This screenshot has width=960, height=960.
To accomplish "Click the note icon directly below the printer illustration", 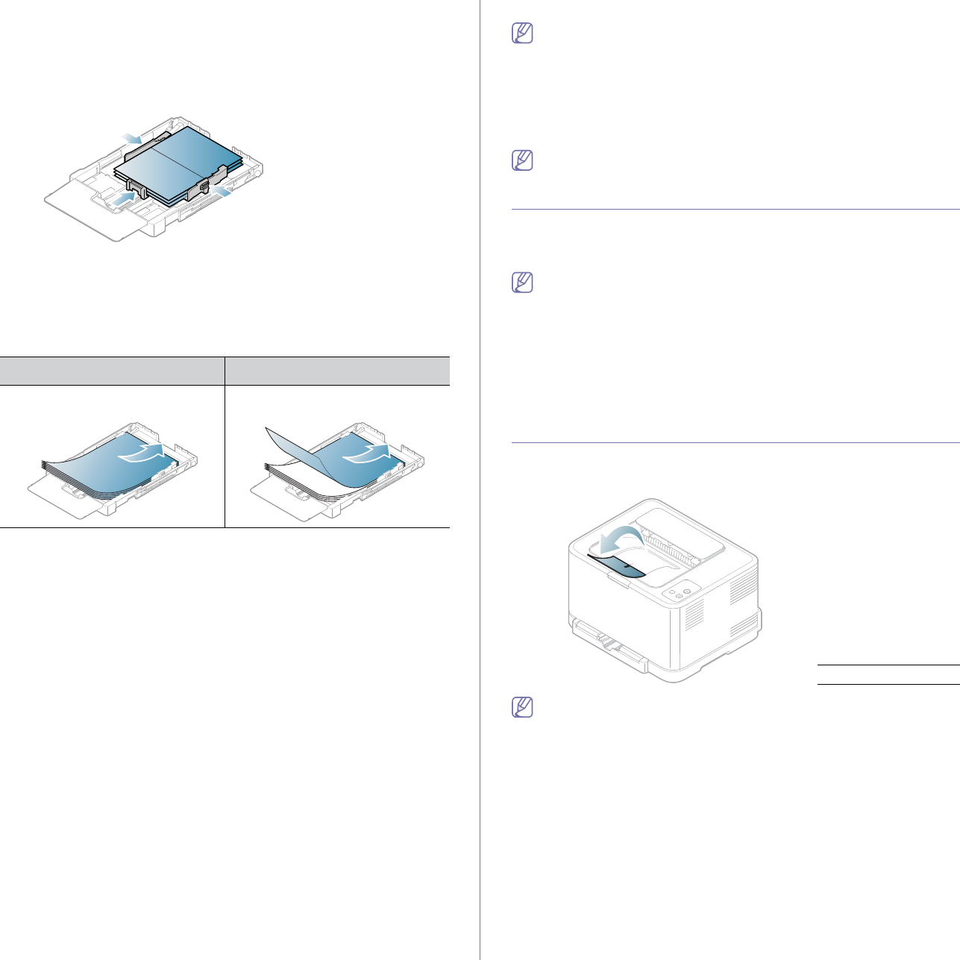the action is coord(523,707).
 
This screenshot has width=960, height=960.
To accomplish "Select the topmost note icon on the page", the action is coord(523,34).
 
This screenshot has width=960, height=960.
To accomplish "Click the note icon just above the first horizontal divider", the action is coord(523,160).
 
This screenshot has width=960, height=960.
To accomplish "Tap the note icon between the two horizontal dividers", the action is coord(523,283).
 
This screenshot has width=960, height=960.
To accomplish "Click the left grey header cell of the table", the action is coord(112,371).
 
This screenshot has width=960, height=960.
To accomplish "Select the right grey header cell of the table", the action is coord(337,371).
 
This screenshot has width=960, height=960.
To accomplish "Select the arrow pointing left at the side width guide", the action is coord(222,192).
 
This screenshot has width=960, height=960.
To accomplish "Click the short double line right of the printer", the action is coord(888,674).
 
